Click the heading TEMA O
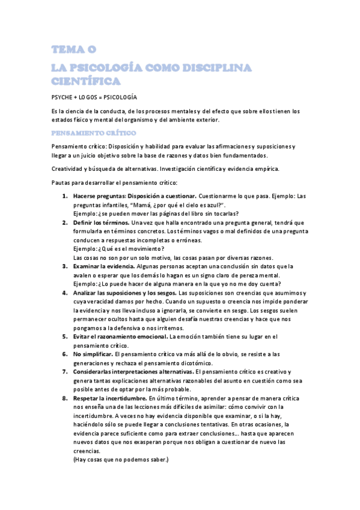(x=73, y=49)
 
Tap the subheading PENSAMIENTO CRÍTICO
(x=94, y=133)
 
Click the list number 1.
(x=64, y=197)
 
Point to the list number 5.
(x=64, y=337)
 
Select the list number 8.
(x=64, y=398)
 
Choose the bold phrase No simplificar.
(x=94, y=354)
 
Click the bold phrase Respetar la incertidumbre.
(x=109, y=398)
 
